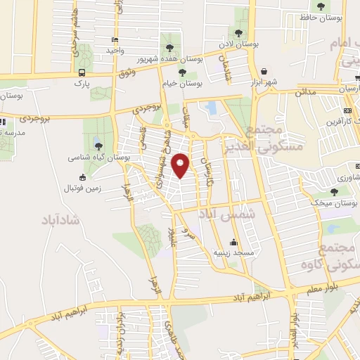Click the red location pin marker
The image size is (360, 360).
182,165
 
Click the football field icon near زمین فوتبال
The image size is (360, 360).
83,177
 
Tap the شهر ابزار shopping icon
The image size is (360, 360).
264,71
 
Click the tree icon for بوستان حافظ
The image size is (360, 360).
321,6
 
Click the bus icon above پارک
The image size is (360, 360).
82,72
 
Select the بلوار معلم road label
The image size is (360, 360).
330,283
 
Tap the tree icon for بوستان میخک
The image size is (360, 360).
335,191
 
